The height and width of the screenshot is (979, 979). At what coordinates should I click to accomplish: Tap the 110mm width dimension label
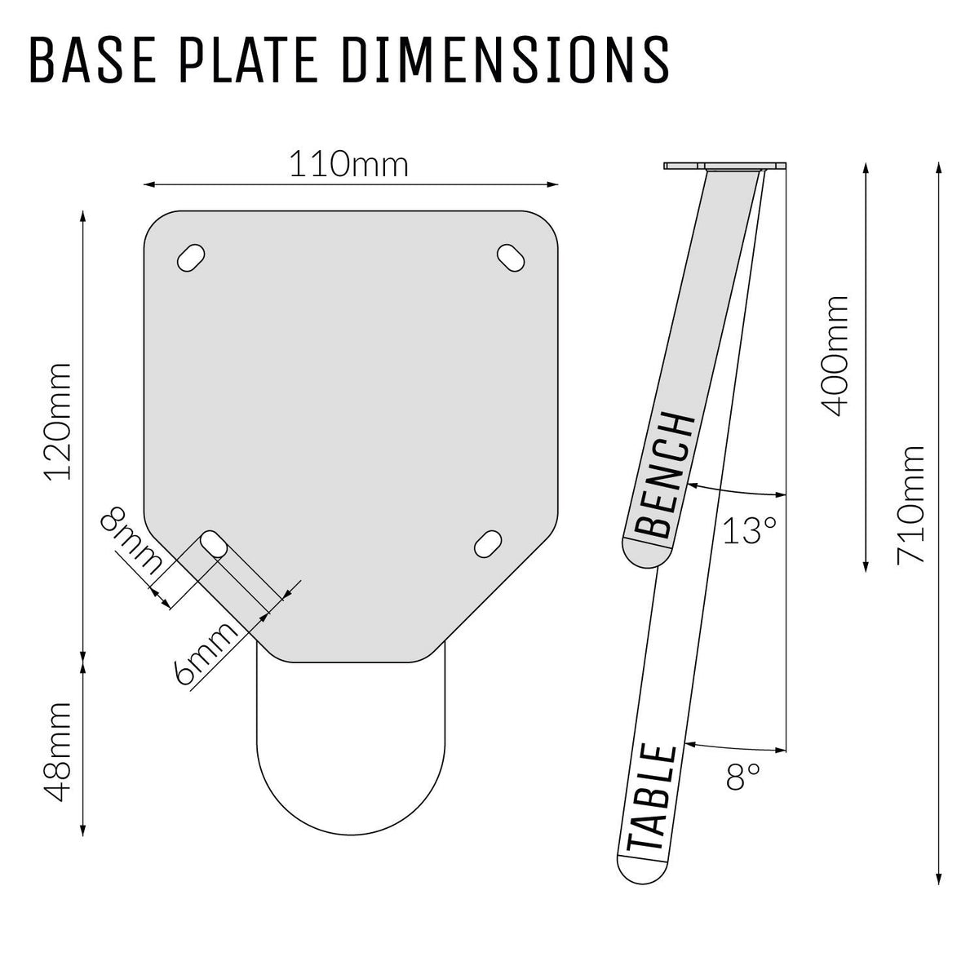(x=348, y=166)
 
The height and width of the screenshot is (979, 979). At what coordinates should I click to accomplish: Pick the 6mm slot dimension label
(x=207, y=653)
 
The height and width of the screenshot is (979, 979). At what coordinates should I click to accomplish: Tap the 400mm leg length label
(x=835, y=356)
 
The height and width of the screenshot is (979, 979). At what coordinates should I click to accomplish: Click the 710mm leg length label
(x=910, y=504)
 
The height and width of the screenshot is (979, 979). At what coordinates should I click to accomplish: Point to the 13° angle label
(x=749, y=531)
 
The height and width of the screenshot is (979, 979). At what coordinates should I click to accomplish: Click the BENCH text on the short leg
(x=664, y=476)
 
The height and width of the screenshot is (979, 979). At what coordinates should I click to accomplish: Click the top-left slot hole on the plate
(x=191, y=257)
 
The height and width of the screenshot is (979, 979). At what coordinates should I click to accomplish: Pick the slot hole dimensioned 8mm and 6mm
(x=214, y=544)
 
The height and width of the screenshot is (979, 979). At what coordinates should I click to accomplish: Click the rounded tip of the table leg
(x=639, y=870)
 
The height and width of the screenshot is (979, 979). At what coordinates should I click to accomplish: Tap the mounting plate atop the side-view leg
(x=726, y=166)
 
